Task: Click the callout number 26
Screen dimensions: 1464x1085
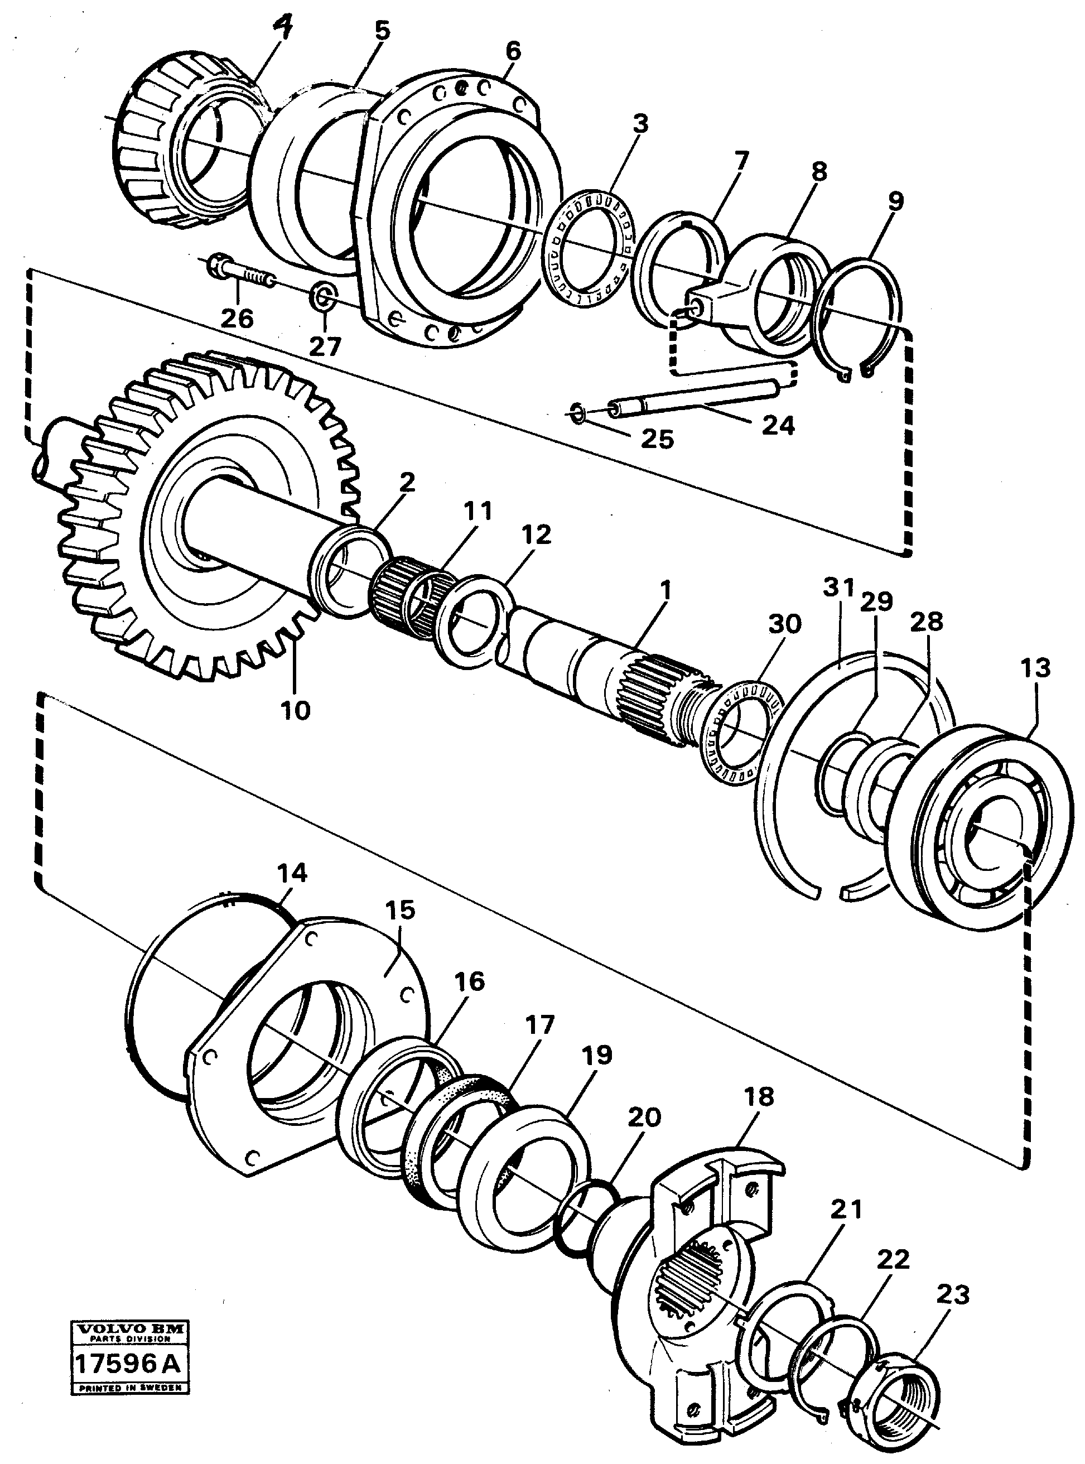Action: pos(237,319)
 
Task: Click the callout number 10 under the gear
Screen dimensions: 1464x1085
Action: pos(295,710)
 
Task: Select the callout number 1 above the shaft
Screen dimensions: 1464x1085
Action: pos(666,590)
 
